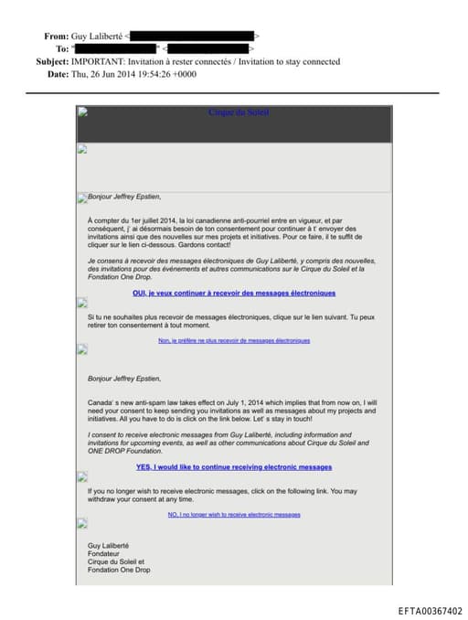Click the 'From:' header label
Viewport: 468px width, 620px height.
tap(56, 36)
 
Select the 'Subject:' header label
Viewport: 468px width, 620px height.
tap(51, 61)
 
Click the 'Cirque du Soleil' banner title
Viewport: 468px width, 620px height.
tap(239, 113)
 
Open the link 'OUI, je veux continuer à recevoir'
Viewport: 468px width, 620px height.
tap(233, 293)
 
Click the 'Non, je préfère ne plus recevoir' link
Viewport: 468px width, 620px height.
tap(233, 340)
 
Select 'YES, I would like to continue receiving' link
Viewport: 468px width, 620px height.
tap(233, 466)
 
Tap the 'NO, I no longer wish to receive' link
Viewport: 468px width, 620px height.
tap(233, 514)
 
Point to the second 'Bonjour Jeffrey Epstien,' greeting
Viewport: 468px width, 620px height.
tap(123, 378)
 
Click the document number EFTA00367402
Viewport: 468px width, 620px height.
tap(430, 611)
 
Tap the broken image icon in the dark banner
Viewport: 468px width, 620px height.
tap(82, 112)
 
